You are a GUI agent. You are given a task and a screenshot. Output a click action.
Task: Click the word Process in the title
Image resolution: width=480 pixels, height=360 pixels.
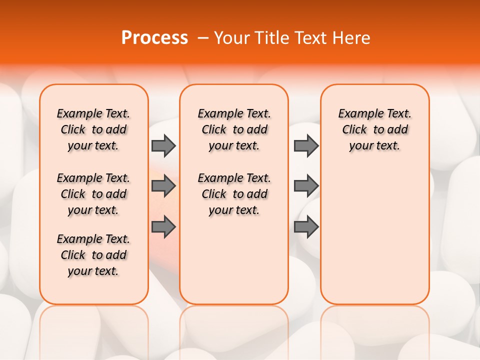154,37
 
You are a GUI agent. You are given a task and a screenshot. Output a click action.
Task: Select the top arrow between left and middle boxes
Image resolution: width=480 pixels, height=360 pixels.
163,145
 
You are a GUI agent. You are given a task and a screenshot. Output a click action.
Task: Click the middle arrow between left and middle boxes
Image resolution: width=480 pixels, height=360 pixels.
163,186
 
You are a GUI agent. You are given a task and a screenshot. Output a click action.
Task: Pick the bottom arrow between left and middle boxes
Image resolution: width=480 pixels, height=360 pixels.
163,227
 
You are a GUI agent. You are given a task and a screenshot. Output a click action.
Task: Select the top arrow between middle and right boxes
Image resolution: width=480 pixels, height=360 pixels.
306,145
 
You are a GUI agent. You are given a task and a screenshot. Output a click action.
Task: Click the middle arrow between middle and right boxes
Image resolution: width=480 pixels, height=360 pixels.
306,186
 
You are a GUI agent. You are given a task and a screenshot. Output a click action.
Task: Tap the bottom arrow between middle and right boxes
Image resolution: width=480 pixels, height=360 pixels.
306,227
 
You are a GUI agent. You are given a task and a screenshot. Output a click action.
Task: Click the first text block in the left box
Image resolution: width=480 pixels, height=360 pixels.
93,129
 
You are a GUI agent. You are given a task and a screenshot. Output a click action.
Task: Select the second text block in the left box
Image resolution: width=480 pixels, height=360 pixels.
93,194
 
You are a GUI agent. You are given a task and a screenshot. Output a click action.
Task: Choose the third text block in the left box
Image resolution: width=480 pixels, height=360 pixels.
93,255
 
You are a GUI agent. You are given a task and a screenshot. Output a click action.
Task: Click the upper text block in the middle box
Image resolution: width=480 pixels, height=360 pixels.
234,129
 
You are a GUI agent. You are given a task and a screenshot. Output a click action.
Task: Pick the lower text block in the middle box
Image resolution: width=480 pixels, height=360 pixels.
234,194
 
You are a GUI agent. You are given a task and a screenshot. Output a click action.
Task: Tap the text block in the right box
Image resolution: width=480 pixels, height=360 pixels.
374,129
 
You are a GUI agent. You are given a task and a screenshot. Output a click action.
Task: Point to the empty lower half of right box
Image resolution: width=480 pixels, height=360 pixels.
374,240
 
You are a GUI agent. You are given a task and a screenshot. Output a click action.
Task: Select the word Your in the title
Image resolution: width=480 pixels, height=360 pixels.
231,37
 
